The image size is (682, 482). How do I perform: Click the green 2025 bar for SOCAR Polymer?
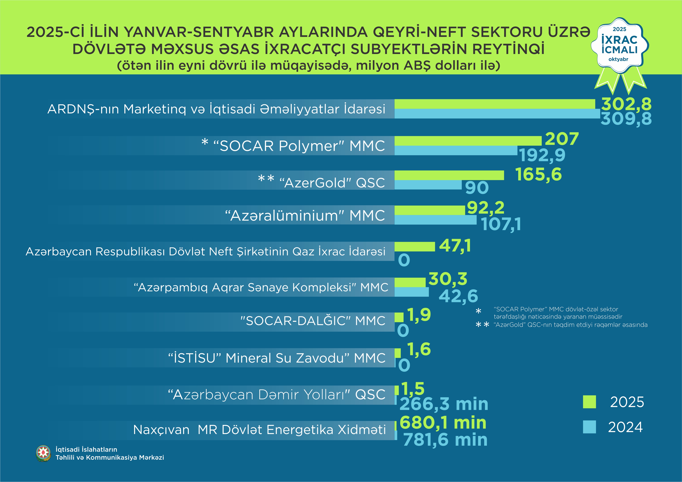[468, 141]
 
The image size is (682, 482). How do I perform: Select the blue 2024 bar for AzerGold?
[428, 185]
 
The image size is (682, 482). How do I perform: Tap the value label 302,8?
[626, 104]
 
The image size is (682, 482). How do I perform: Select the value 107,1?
[501, 224]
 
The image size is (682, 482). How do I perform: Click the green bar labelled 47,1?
[414, 247]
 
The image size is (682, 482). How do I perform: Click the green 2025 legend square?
[589, 402]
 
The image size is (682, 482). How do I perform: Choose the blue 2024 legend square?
[589, 427]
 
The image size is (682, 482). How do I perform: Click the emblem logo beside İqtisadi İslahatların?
[43, 453]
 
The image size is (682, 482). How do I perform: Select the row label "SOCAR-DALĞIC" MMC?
[313, 321]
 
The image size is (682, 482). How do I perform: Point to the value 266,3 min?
[444, 404]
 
